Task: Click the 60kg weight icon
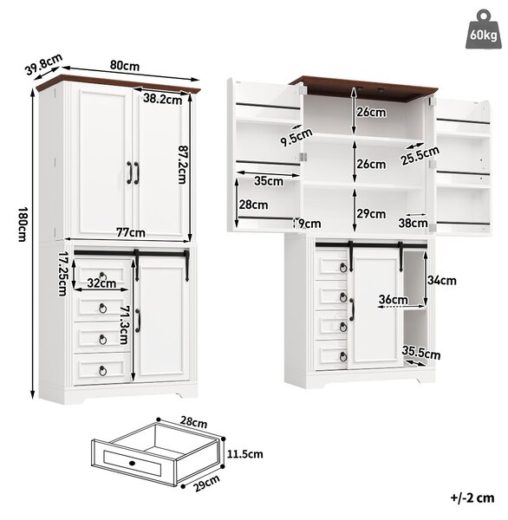483,29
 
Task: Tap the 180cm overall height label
23,224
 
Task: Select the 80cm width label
125,66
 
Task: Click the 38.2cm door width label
163,99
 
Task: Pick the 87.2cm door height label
183,165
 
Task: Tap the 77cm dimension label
131,232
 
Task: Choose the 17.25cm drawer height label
63,274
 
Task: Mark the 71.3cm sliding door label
125,325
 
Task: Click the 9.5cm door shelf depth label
296,137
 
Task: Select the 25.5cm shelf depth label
420,155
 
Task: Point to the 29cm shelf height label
371,214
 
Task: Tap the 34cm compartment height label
441,281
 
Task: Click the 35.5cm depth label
421,353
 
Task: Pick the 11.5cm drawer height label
244,454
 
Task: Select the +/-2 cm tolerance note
472,497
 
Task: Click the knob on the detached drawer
132,463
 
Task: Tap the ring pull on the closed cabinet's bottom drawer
103,371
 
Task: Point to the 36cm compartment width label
394,300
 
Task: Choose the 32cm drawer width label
101,283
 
